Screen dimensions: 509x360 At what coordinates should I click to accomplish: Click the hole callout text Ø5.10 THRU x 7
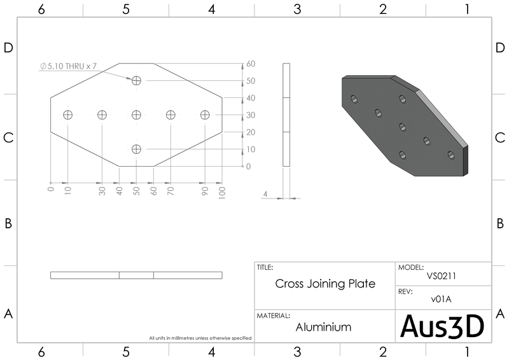coord(68,66)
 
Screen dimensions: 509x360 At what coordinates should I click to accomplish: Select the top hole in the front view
coord(136,81)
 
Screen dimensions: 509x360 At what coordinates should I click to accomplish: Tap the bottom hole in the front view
coord(136,149)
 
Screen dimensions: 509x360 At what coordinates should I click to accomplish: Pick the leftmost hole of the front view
coord(68,115)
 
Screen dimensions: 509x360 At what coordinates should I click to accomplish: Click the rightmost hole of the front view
coord(205,115)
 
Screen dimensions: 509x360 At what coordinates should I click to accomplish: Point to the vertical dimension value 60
coord(251,64)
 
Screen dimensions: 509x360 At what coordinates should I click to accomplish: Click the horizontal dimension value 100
coord(222,193)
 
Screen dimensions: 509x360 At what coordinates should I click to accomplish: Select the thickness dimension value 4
coord(265,194)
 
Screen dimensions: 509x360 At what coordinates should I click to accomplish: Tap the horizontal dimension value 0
coord(51,189)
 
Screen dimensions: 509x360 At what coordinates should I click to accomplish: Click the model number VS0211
coord(442,276)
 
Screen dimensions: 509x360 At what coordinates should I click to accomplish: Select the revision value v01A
coord(441,300)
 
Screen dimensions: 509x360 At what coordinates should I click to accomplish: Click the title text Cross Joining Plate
coord(325,284)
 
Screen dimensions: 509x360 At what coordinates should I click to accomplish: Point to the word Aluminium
coord(323,327)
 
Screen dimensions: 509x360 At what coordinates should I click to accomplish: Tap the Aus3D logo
coord(442,326)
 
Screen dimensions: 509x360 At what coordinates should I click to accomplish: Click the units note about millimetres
coord(200,338)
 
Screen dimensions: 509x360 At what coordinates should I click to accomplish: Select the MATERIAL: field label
coord(274,316)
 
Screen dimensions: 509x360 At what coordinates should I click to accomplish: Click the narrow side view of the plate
coord(286,115)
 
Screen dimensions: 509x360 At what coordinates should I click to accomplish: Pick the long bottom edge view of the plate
coord(136,275)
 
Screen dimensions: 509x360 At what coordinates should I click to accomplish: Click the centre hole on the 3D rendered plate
coord(403,127)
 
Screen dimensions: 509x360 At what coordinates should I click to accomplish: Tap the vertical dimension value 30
coord(251,115)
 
